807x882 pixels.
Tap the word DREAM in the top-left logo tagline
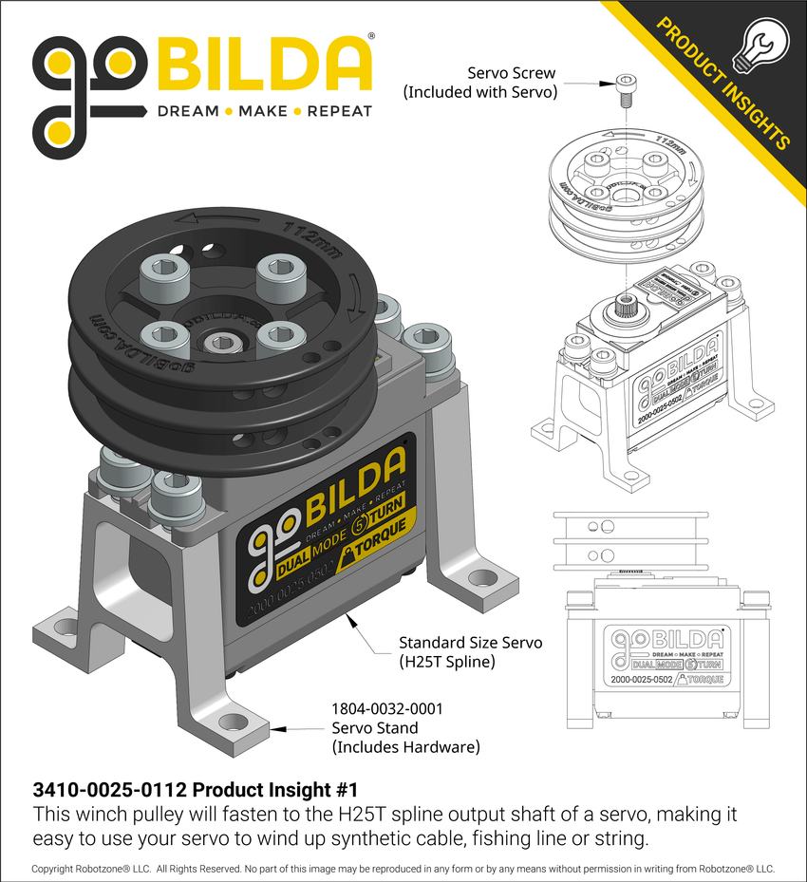click(x=188, y=111)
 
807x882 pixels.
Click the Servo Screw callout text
click(x=479, y=83)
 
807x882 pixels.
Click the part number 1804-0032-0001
click(x=386, y=708)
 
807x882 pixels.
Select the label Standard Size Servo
click(x=470, y=643)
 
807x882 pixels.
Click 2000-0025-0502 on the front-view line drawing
click(x=639, y=680)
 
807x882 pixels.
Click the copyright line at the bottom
click(x=403, y=868)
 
